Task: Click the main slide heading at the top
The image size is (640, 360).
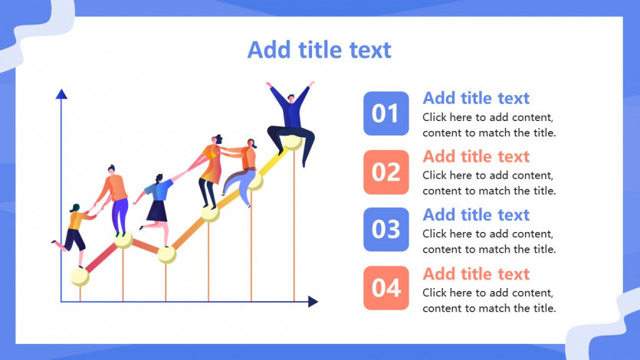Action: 319,50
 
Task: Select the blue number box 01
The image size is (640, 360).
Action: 386,113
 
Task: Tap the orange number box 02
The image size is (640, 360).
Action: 386,172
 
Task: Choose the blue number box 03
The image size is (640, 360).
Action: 386,230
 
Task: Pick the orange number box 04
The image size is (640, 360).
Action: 386,288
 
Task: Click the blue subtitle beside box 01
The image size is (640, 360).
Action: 476,98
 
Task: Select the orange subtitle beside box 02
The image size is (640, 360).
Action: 476,156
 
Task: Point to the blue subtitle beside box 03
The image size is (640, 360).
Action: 476,215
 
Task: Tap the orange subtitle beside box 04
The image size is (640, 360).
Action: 476,274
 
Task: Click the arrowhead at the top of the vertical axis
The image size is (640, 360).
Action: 61,94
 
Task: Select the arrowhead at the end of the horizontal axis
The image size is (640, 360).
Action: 313,302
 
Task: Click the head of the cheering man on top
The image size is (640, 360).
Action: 290,98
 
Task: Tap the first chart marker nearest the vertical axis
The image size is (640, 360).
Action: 80,277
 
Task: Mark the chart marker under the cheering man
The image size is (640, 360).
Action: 293,142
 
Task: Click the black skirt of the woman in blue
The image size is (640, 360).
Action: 158,211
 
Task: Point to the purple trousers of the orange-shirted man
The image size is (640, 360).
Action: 120,216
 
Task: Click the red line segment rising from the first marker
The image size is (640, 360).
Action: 101,257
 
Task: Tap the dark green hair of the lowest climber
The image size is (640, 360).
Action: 74,208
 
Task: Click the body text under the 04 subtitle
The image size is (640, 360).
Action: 489,300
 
